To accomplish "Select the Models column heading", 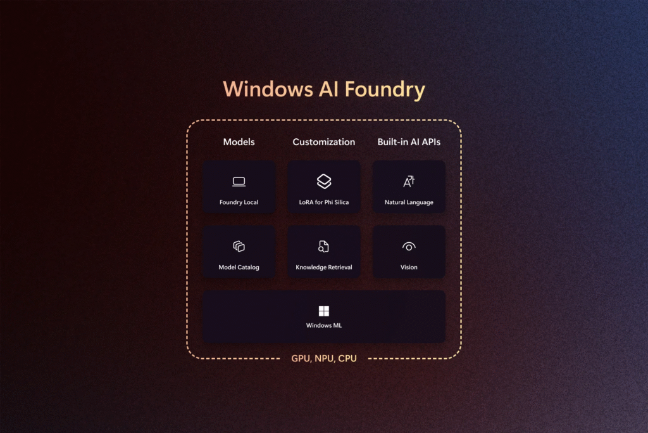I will click(x=239, y=142).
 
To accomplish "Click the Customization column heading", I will click(x=324, y=142).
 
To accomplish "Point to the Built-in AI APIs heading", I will click(x=409, y=142).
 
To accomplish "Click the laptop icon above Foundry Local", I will click(x=239, y=182).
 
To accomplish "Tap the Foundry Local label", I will click(x=239, y=203).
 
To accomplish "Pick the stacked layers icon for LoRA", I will click(x=324, y=181).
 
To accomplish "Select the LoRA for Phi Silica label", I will click(x=324, y=203).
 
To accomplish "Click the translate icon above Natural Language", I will click(x=409, y=181).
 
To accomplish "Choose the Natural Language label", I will click(x=409, y=203).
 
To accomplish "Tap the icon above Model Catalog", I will click(x=239, y=246).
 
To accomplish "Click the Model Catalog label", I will click(x=239, y=268).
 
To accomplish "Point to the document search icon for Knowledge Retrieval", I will click(x=324, y=246).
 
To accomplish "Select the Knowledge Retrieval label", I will click(x=324, y=268).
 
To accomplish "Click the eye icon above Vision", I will click(x=409, y=246).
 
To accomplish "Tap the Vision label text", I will click(x=409, y=268).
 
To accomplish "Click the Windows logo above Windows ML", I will click(x=324, y=311).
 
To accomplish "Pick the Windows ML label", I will click(x=324, y=326).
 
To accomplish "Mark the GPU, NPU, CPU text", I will click(x=324, y=359).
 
